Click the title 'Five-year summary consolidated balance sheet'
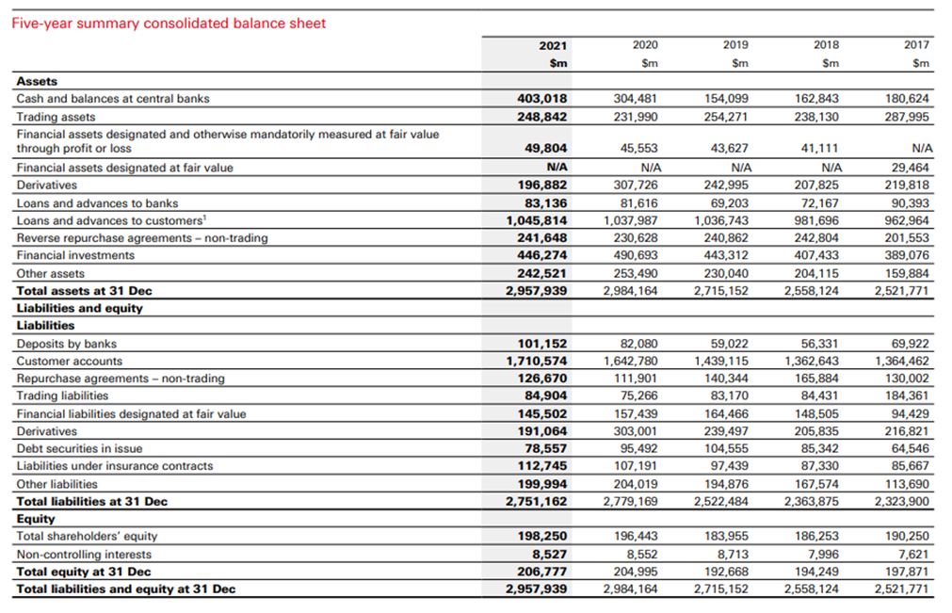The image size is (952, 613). [x=169, y=24]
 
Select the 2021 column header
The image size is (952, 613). [x=553, y=45]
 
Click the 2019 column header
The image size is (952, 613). [x=735, y=45]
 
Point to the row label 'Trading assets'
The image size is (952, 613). [x=56, y=117]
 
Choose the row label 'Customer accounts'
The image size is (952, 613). [x=69, y=361]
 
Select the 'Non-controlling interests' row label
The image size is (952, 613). [x=83, y=555]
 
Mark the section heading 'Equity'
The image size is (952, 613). [x=36, y=519]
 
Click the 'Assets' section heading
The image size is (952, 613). [x=37, y=82]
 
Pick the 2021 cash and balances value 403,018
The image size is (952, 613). [x=542, y=99]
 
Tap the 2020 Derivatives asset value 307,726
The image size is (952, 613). [x=635, y=186]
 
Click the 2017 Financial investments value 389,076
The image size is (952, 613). [x=905, y=255]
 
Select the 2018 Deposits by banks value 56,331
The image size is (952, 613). [x=815, y=344]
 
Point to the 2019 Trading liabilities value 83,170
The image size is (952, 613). [x=726, y=395]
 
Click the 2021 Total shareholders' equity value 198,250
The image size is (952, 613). [x=542, y=536]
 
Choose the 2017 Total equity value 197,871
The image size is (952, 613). [x=905, y=572]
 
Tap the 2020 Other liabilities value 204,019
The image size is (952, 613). [x=635, y=484]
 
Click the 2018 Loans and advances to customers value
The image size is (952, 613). [x=813, y=220]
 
